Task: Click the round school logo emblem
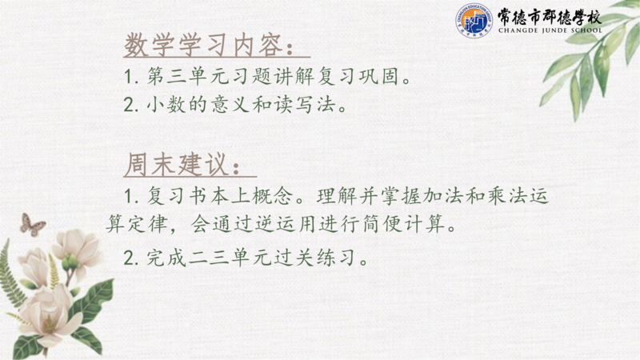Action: pos(474,21)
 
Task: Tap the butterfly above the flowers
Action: pos(32,225)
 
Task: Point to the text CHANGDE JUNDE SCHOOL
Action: pos(550,30)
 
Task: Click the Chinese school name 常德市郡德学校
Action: pos(550,16)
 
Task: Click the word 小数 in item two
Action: pos(166,105)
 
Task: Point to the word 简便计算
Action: pos(403,224)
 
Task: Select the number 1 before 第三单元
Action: pos(128,76)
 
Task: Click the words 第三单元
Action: pos(188,76)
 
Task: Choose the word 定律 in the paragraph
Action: pos(148,224)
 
